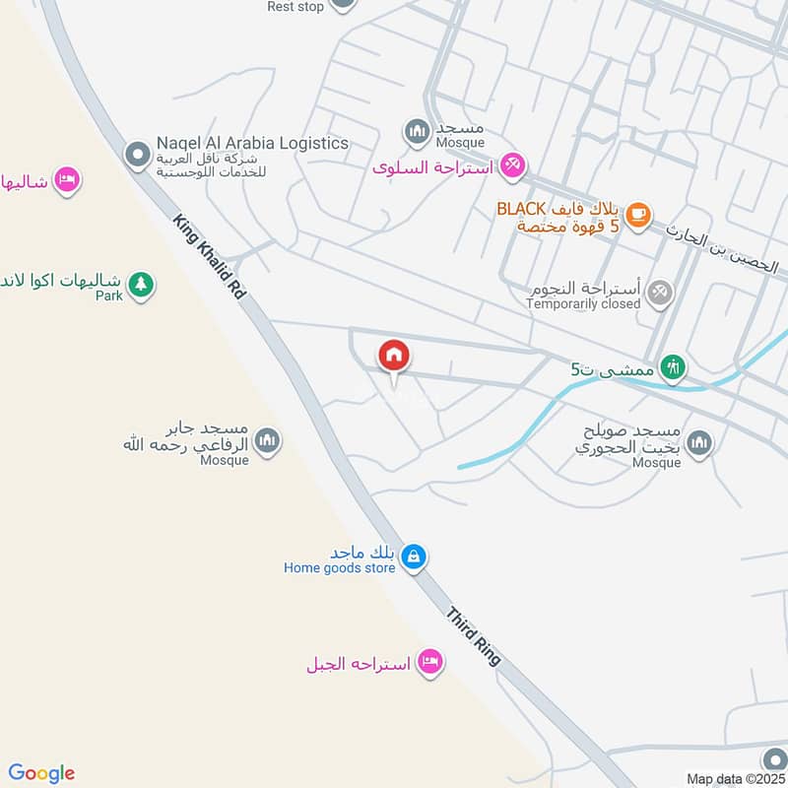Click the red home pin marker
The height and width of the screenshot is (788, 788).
(x=394, y=356)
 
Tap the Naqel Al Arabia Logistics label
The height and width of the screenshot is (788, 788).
(x=252, y=144)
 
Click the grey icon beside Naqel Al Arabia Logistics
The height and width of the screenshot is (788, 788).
(x=136, y=155)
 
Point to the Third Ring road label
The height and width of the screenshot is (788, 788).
(x=474, y=636)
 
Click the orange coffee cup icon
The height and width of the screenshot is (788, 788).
(x=638, y=214)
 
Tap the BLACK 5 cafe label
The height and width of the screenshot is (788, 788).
(x=557, y=218)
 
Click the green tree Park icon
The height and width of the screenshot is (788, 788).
(x=142, y=286)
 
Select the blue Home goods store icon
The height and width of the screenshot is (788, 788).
(x=415, y=558)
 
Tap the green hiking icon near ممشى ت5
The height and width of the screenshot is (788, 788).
(x=674, y=368)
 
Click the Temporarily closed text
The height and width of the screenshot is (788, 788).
(x=583, y=304)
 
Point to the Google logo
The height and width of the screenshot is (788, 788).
(x=41, y=773)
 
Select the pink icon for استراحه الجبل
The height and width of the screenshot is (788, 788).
(x=429, y=661)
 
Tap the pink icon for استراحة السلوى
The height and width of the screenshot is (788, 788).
(x=512, y=165)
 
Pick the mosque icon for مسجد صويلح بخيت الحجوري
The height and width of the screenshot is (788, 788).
(x=699, y=443)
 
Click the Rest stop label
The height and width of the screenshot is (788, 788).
(x=295, y=7)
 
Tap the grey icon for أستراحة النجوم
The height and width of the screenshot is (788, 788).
(x=661, y=291)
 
